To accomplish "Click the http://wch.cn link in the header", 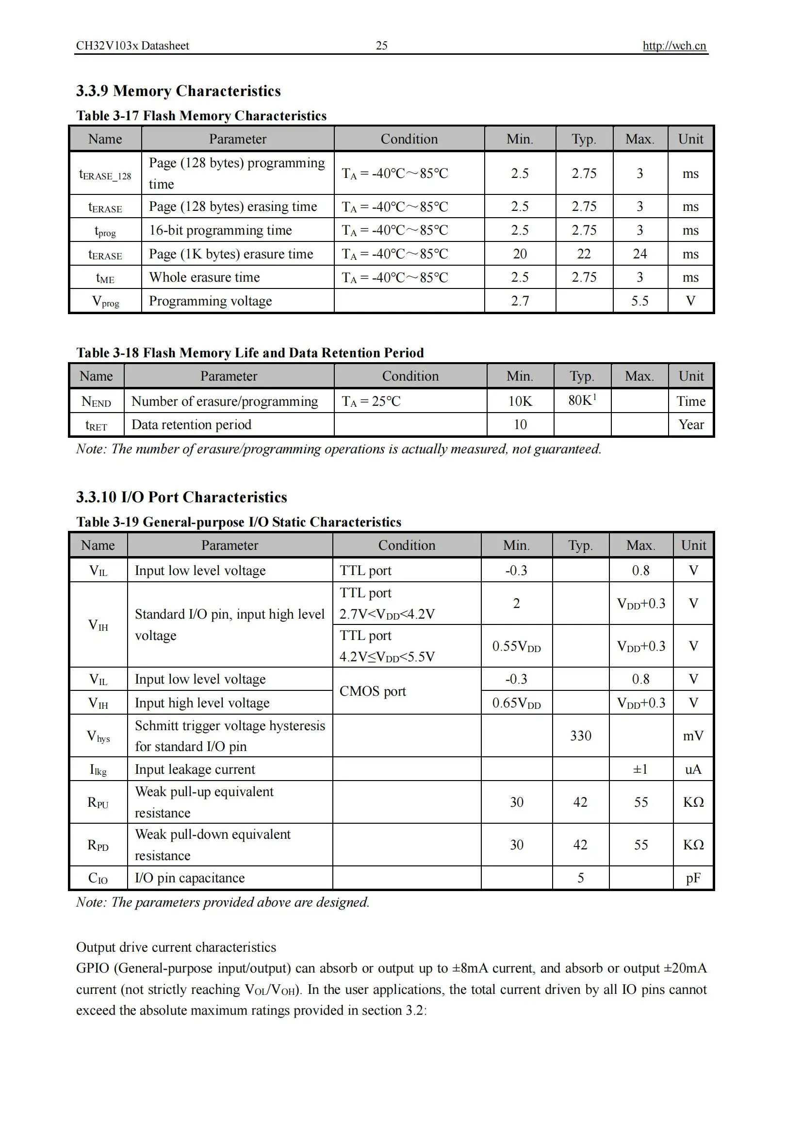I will coord(674,46).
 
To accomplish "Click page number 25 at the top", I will coord(381,46).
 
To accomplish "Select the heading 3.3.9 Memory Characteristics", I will coord(179,91).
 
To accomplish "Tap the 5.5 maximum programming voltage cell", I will coord(639,301).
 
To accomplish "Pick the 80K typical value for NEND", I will coord(582,400).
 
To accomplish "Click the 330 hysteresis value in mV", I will coord(581,736).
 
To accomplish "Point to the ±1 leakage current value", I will coord(640,769).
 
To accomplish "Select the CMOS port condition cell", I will coord(373,691).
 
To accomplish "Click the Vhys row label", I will coord(98,736).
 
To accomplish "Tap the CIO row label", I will coord(98,878).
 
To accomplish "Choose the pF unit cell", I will coord(693,878).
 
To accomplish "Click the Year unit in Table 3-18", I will coord(691,425).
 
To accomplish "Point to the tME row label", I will coord(105,278).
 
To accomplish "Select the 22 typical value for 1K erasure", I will coord(584,254).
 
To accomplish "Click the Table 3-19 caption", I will coord(239,522).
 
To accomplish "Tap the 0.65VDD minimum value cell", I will coord(516,703).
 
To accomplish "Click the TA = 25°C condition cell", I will coord(371,401).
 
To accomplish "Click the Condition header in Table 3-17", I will coord(409,139).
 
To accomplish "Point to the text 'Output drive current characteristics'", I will coord(176,947).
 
